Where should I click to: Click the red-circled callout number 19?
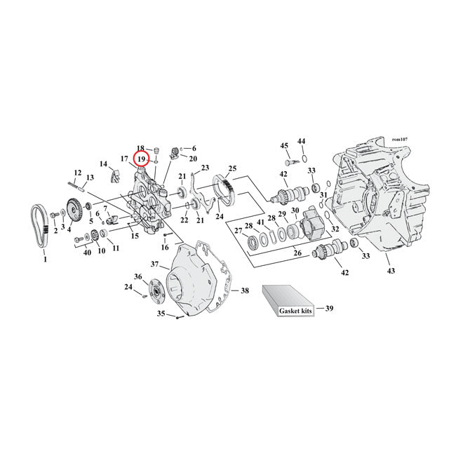click(x=142, y=160)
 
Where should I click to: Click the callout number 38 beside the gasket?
click(x=244, y=290)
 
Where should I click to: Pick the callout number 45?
click(x=284, y=146)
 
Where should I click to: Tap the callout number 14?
click(x=104, y=164)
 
